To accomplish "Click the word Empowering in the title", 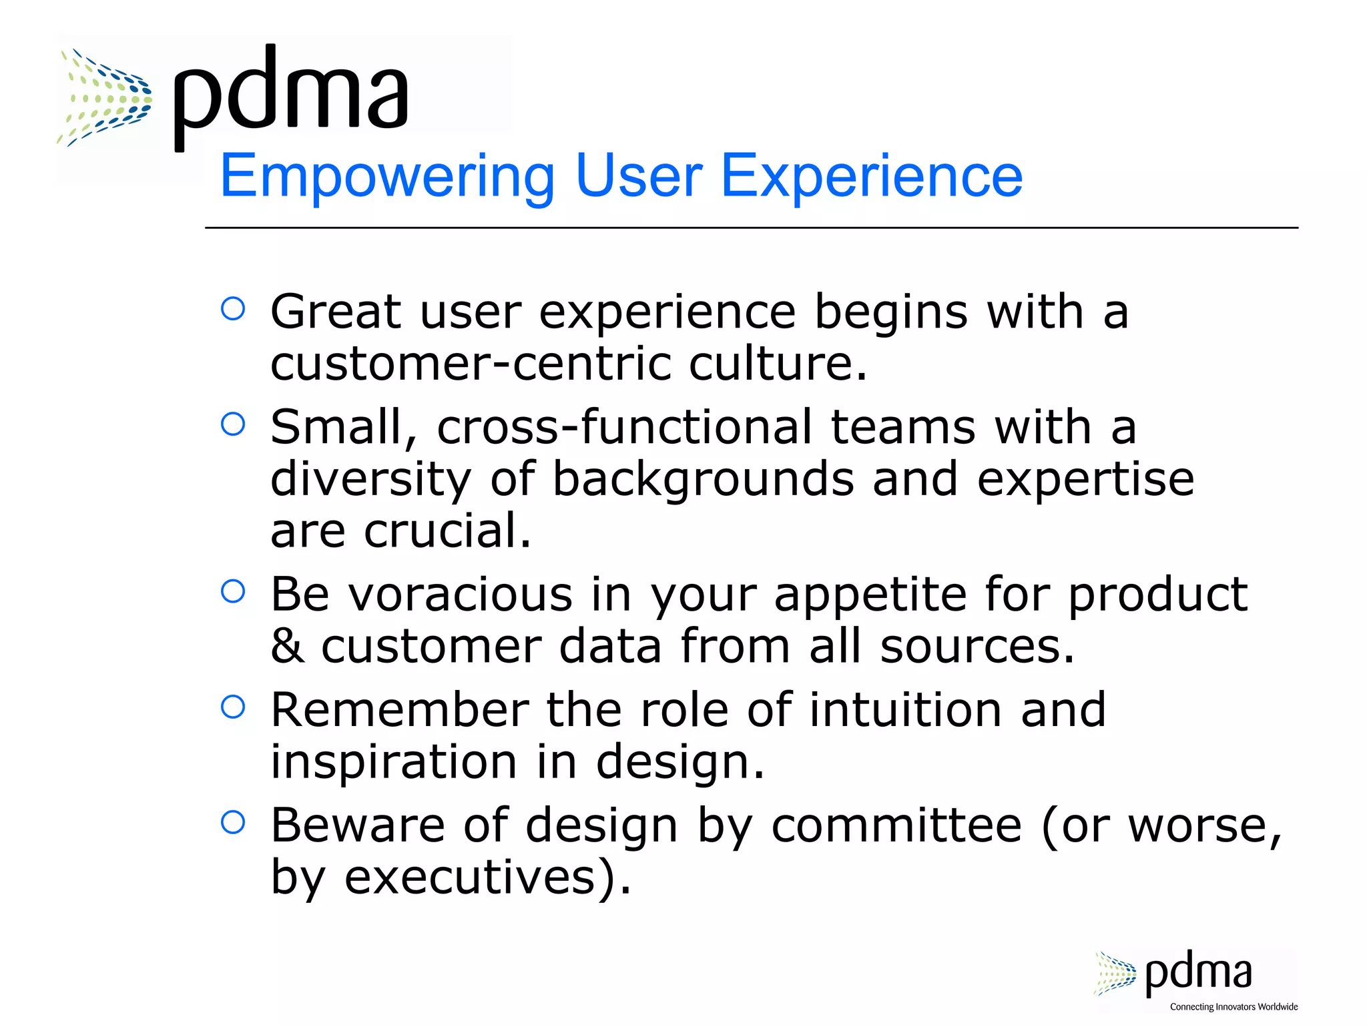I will click(x=387, y=176).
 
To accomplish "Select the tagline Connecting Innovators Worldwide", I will click(x=1234, y=1007).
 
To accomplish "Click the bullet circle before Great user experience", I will click(x=233, y=309).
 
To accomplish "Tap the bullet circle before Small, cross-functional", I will click(x=233, y=424).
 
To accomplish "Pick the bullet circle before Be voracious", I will click(x=233, y=591).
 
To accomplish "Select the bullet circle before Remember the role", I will click(x=233, y=707).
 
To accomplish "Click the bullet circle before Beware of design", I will click(x=233, y=822).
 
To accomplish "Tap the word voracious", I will click(x=461, y=594).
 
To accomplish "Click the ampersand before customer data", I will click(x=287, y=646).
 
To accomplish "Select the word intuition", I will click(x=905, y=709).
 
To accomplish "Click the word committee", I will click(x=896, y=825).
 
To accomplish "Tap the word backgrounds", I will click(x=703, y=479).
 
